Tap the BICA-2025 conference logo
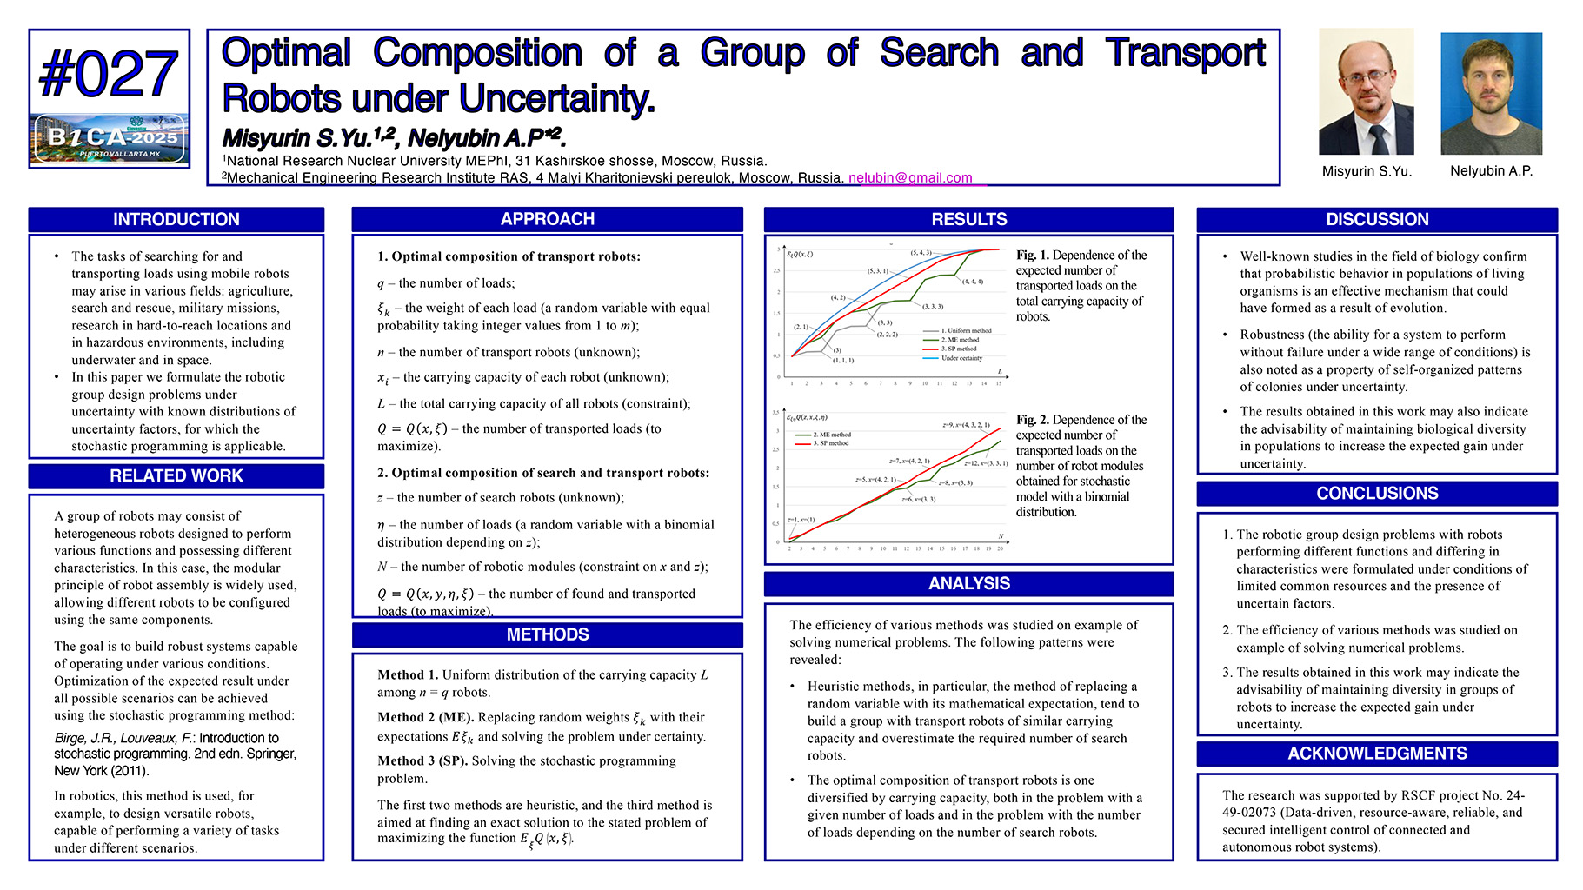pyautogui.click(x=109, y=139)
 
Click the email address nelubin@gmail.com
pyautogui.click(x=910, y=178)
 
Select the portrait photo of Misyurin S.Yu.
pyautogui.click(x=1366, y=91)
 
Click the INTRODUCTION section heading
pyautogui.click(x=176, y=220)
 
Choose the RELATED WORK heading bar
pyautogui.click(x=176, y=476)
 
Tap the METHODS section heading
pyautogui.click(x=547, y=635)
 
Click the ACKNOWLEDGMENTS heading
pyautogui.click(x=1376, y=754)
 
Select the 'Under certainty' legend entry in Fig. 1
pyautogui.click(x=961, y=358)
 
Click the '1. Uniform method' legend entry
pyautogui.click(x=966, y=331)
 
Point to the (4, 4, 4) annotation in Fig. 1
pyautogui.click(x=972, y=282)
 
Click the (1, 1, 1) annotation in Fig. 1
pyautogui.click(x=842, y=360)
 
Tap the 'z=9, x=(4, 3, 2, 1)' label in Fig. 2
pyautogui.click(x=966, y=425)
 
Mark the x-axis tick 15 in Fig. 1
pyautogui.click(x=999, y=383)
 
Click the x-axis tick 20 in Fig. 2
pyautogui.click(x=1000, y=548)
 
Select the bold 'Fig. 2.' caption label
pyautogui.click(x=1033, y=420)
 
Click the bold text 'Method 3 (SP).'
pyautogui.click(x=422, y=760)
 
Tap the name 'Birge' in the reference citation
pyautogui.click(x=70, y=738)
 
